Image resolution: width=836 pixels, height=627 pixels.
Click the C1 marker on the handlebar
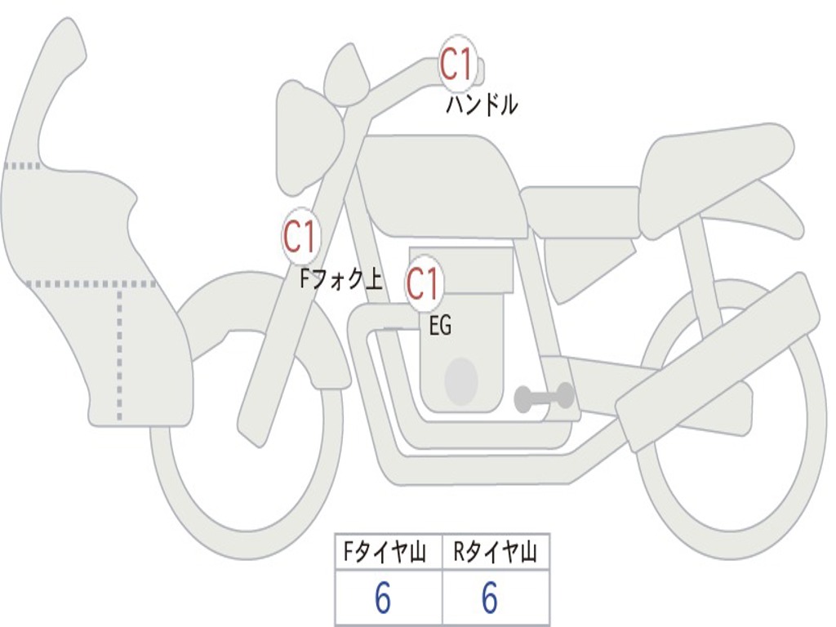click(x=457, y=64)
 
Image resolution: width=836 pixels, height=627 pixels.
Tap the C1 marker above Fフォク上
click(x=300, y=237)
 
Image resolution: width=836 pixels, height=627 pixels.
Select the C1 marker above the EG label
click(x=424, y=284)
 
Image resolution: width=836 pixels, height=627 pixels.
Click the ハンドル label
click(x=482, y=105)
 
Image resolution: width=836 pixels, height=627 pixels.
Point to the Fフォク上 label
click(x=341, y=280)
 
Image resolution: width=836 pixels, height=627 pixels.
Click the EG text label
click(x=440, y=327)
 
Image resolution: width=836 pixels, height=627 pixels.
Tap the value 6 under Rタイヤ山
click(x=489, y=599)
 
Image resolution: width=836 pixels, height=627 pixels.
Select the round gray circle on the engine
click(x=460, y=380)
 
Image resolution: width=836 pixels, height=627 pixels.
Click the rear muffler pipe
click(x=718, y=359)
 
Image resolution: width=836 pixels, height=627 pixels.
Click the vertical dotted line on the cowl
click(x=120, y=351)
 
